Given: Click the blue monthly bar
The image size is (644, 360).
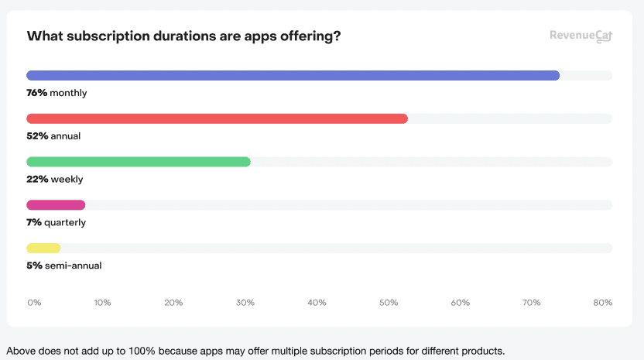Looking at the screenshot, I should [x=293, y=75].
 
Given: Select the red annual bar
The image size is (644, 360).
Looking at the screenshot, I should [x=217, y=118].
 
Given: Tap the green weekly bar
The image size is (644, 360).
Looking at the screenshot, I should [x=139, y=162].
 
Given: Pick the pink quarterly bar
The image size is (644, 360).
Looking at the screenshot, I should [x=56, y=205].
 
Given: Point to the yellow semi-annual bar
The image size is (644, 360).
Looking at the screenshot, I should [x=43, y=249].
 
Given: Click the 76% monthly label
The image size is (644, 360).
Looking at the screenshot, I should [x=57, y=93].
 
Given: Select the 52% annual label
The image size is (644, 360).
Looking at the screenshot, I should [x=53, y=136].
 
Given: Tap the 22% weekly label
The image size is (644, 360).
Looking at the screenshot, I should [x=54, y=180].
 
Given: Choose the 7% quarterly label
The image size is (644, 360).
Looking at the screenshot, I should [x=56, y=222].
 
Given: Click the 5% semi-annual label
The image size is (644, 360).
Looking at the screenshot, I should [x=64, y=266].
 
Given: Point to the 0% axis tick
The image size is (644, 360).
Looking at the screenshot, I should [x=33, y=303].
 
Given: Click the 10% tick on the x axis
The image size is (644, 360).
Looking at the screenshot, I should [x=102, y=303].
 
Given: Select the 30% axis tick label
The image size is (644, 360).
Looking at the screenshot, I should [x=245, y=303].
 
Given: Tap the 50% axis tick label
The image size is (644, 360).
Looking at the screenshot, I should [x=389, y=303].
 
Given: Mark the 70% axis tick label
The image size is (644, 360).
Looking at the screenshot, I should [x=531, y=303].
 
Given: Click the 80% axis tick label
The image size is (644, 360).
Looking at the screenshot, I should [x=603, y=303].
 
